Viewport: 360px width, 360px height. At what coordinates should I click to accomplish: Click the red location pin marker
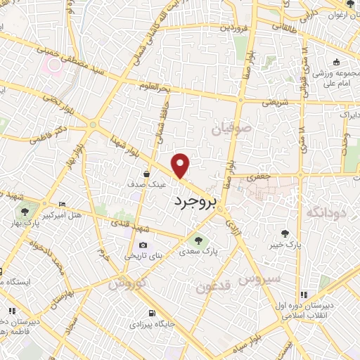pos(181,165)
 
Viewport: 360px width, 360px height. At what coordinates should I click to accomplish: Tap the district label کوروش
pos(128,284)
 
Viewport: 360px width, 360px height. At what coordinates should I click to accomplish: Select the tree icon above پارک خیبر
pos(285,233)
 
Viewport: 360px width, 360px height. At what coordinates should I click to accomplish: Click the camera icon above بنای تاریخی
pos(143,245)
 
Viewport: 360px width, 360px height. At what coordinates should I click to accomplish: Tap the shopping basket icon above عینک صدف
pos(146,172)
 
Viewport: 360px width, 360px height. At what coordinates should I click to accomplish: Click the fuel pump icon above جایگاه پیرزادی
pos(150,313)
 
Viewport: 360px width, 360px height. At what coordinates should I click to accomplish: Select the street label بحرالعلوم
pos(155,85)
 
